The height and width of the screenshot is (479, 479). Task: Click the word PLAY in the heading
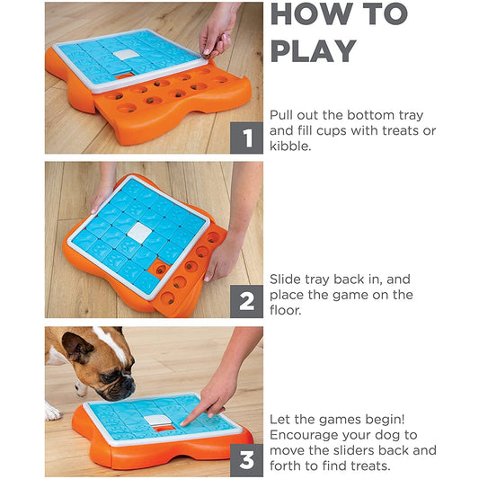(314, 51)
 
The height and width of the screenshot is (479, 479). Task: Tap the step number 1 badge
(246, 137)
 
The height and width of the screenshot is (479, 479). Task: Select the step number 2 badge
(246, 302)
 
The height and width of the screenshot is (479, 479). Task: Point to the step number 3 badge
(246, 460)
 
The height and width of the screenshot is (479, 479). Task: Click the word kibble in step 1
(290, 146)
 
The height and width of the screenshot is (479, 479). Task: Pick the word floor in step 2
(285, 310)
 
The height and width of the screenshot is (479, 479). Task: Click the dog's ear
(76, 347)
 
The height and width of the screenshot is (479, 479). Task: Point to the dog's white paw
(53, 412)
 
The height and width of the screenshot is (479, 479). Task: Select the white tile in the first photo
(126, 55)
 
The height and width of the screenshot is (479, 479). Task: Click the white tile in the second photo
(139, 233)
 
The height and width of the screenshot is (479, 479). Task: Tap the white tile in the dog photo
(157, 420)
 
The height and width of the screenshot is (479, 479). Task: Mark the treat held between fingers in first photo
(208, 56)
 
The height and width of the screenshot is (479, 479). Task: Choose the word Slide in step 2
(285, 279)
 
